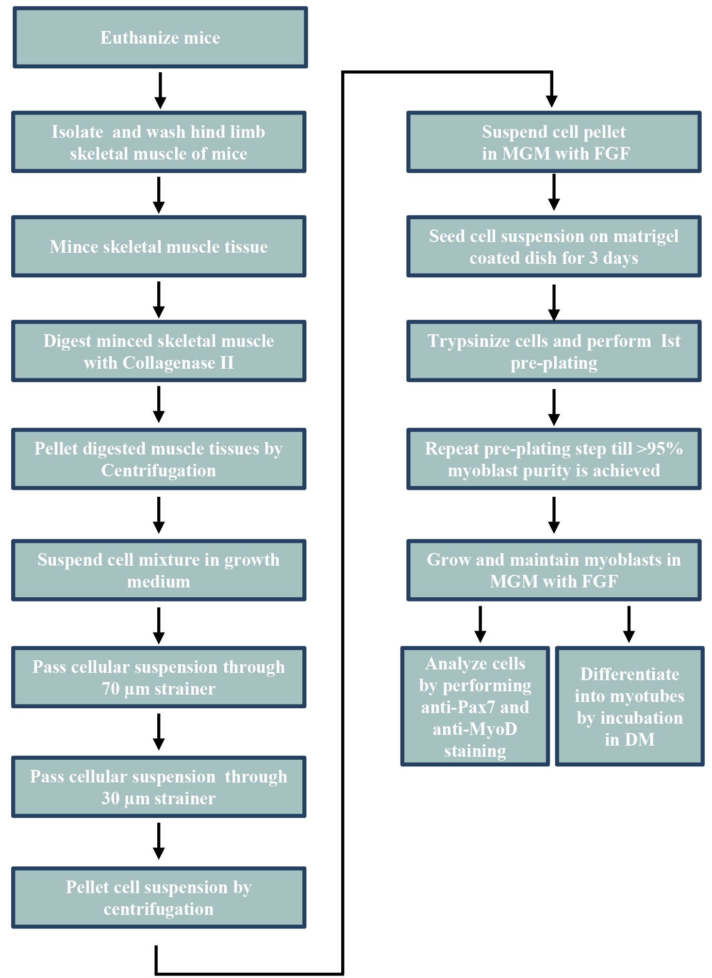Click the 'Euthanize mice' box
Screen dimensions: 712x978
(160, 37)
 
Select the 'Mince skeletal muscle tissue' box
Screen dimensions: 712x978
(159, 246)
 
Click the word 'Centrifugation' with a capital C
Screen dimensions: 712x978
(159, 471)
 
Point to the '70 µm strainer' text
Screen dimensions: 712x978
(159, 689)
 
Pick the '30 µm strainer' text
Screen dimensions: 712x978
(159, 799)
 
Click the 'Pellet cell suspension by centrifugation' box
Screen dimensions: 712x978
(159, 897)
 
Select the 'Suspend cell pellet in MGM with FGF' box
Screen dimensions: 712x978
(554, 142)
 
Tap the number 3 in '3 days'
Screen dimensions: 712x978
(593, 258)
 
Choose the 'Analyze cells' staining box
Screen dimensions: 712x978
(475, 706)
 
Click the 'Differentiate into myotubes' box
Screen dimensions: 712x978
(629, 706)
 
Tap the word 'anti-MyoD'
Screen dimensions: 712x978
(475, 729)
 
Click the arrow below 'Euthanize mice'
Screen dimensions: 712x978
(160, 91)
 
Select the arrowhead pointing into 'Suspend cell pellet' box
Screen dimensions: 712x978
(551, 101)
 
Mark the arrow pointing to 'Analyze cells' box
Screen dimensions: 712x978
(480, 624)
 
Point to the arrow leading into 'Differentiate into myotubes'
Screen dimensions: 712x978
(629, 624)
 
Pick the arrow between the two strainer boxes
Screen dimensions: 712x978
(159, 732)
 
